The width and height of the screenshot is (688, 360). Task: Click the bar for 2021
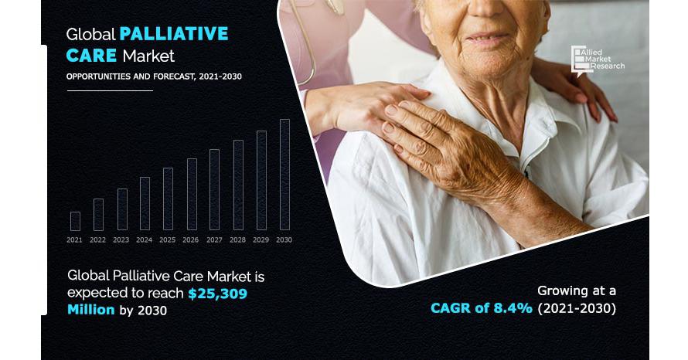(x=75, y=222)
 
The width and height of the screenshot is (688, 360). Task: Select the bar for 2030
(x=284, y=175)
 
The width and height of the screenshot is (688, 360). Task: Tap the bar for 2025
(x=168, y=199)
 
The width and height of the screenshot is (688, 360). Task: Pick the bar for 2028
(x=238, y=185)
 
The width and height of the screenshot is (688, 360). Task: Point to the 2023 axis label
(x=121, y=239)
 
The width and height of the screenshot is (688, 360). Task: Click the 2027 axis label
(x=214, y=239)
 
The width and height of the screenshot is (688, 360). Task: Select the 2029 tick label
(x=261, y=239)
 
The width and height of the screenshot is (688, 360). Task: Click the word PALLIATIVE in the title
(x=174, y=34)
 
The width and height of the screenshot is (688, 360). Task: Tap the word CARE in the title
(x=91, y=56)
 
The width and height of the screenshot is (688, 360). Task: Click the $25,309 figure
(x=218, y=294)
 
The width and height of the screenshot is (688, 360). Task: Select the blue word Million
(x=90, y=310)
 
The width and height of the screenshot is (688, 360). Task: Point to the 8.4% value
(x=513, y=308)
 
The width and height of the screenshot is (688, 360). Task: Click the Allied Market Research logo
(x=598, y=61)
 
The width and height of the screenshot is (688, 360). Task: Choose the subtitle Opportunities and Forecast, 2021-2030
(x=154, y=76)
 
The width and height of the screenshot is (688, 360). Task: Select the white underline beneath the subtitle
(x=110, y=90)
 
